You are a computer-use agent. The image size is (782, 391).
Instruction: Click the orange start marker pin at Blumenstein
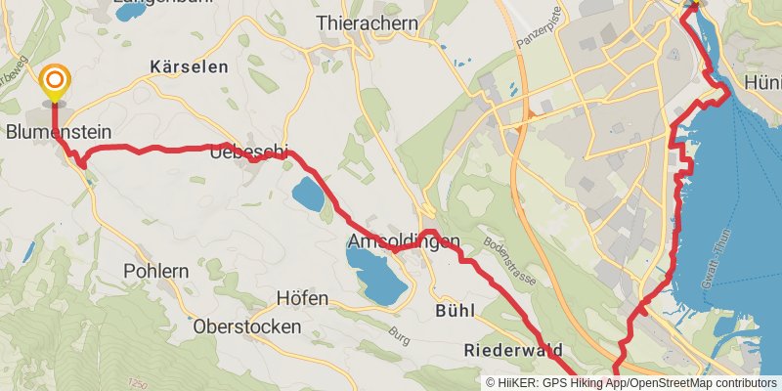(x=55, y=82)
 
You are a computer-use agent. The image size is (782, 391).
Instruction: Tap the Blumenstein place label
(x=57, y=131)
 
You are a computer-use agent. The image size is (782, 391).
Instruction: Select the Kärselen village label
(x=189, y=66)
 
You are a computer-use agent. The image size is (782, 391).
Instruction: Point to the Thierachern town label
(x=367, y=22)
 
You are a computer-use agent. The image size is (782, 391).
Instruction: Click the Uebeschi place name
(x=251, y=151)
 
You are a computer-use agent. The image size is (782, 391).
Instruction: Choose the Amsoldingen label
(x=402, y=240)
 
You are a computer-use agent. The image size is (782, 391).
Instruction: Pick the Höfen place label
(x=302, y=298)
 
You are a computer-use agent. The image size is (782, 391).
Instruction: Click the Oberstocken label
(x=247, y=326)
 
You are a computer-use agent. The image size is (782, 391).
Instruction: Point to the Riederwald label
(x=512, y=349)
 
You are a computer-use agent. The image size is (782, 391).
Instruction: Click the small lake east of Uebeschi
(x=309, y=194)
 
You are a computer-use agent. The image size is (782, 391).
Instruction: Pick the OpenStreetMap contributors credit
(x=701, y=383)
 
